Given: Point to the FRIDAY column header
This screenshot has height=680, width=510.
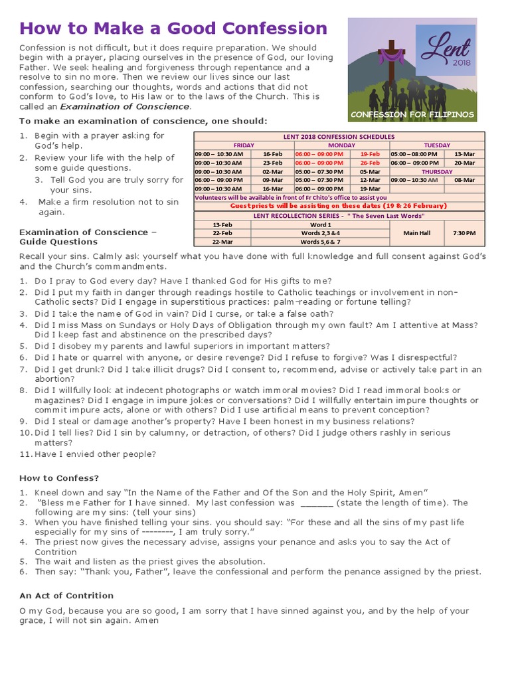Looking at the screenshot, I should click(x=243, y=145).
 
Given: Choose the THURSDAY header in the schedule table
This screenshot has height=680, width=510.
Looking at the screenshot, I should click(x=436, y=171).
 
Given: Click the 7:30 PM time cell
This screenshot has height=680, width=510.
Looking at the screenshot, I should click(x=465, y=233).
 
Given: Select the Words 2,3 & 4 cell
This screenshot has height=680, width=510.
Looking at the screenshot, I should click(x=320, y=233).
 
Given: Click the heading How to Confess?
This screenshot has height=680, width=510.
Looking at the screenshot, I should click(x=58, y=477).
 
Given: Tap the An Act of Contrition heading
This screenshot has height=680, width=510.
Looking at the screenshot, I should click(x=66, y=595).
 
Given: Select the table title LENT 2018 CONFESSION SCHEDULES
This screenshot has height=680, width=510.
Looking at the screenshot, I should click(x=339, y=137).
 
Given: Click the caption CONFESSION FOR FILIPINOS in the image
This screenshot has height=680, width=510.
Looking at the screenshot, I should click(x=412, y=114).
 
